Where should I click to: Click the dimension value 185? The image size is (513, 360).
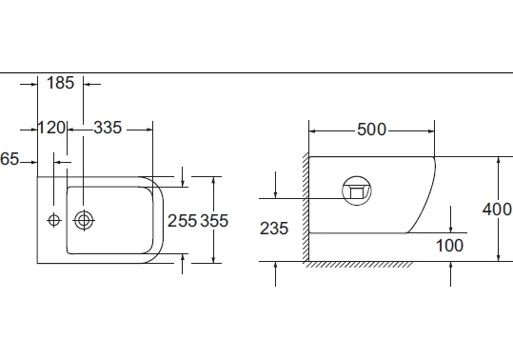(61, 83)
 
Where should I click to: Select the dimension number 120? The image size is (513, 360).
(51, 128)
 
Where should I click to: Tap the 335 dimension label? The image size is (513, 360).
(108, 128)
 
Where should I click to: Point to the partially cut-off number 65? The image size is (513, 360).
(10, 159)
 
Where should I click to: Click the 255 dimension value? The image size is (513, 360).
(182, 221)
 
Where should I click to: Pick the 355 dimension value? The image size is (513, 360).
(214, 221)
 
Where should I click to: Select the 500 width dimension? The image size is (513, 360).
(371, 130)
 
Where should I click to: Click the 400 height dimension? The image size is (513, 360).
(497, 210)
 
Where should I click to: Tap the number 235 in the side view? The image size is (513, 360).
(274, 229)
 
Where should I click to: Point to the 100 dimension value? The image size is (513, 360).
(450, 246)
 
